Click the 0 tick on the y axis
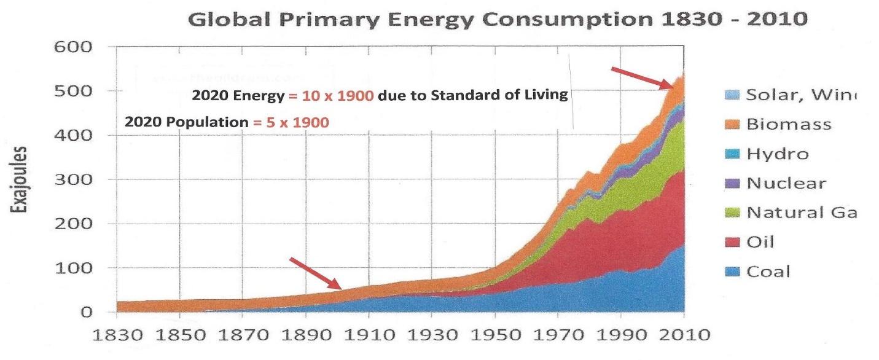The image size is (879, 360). point(86,312)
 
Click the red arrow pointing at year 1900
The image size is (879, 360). point(315,273)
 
